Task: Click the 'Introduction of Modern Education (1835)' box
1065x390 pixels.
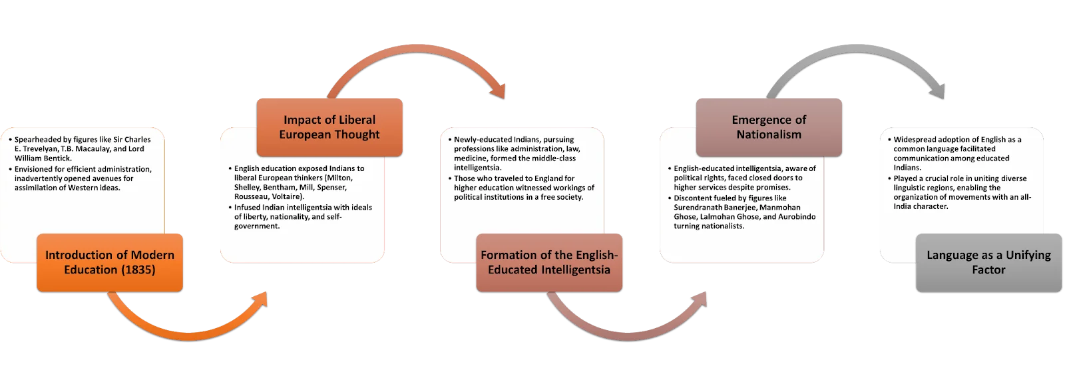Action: tap(110, 262)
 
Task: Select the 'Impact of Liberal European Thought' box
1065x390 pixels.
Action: tap(329, 128)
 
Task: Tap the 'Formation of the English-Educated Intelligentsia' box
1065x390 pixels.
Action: tap(549, 262)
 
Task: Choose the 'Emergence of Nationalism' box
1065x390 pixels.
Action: tap(769, 128)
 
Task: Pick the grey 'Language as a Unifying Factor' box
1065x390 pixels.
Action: tap(989, 262)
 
